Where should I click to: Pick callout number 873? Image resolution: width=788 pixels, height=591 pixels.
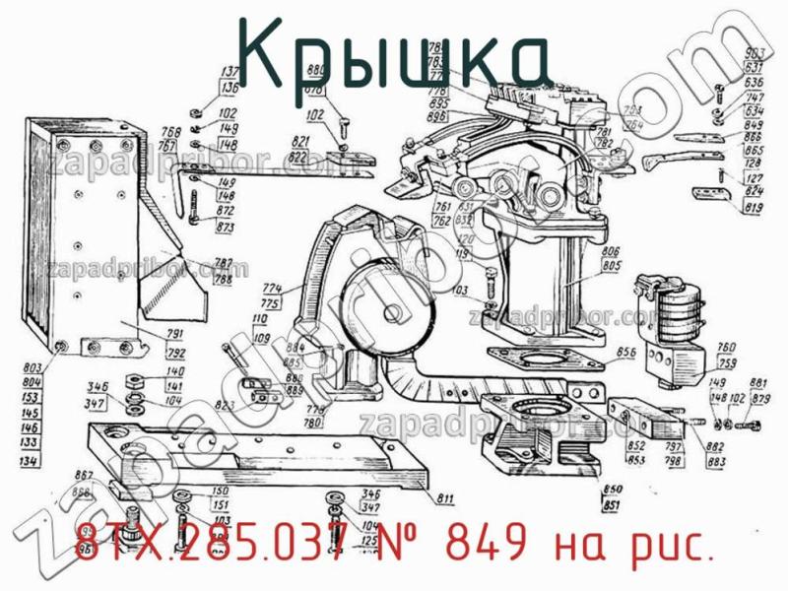pyautogui.click(x=226, y=228)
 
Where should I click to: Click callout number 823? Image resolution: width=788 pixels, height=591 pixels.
pyautogui.click(x=226, y=406)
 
